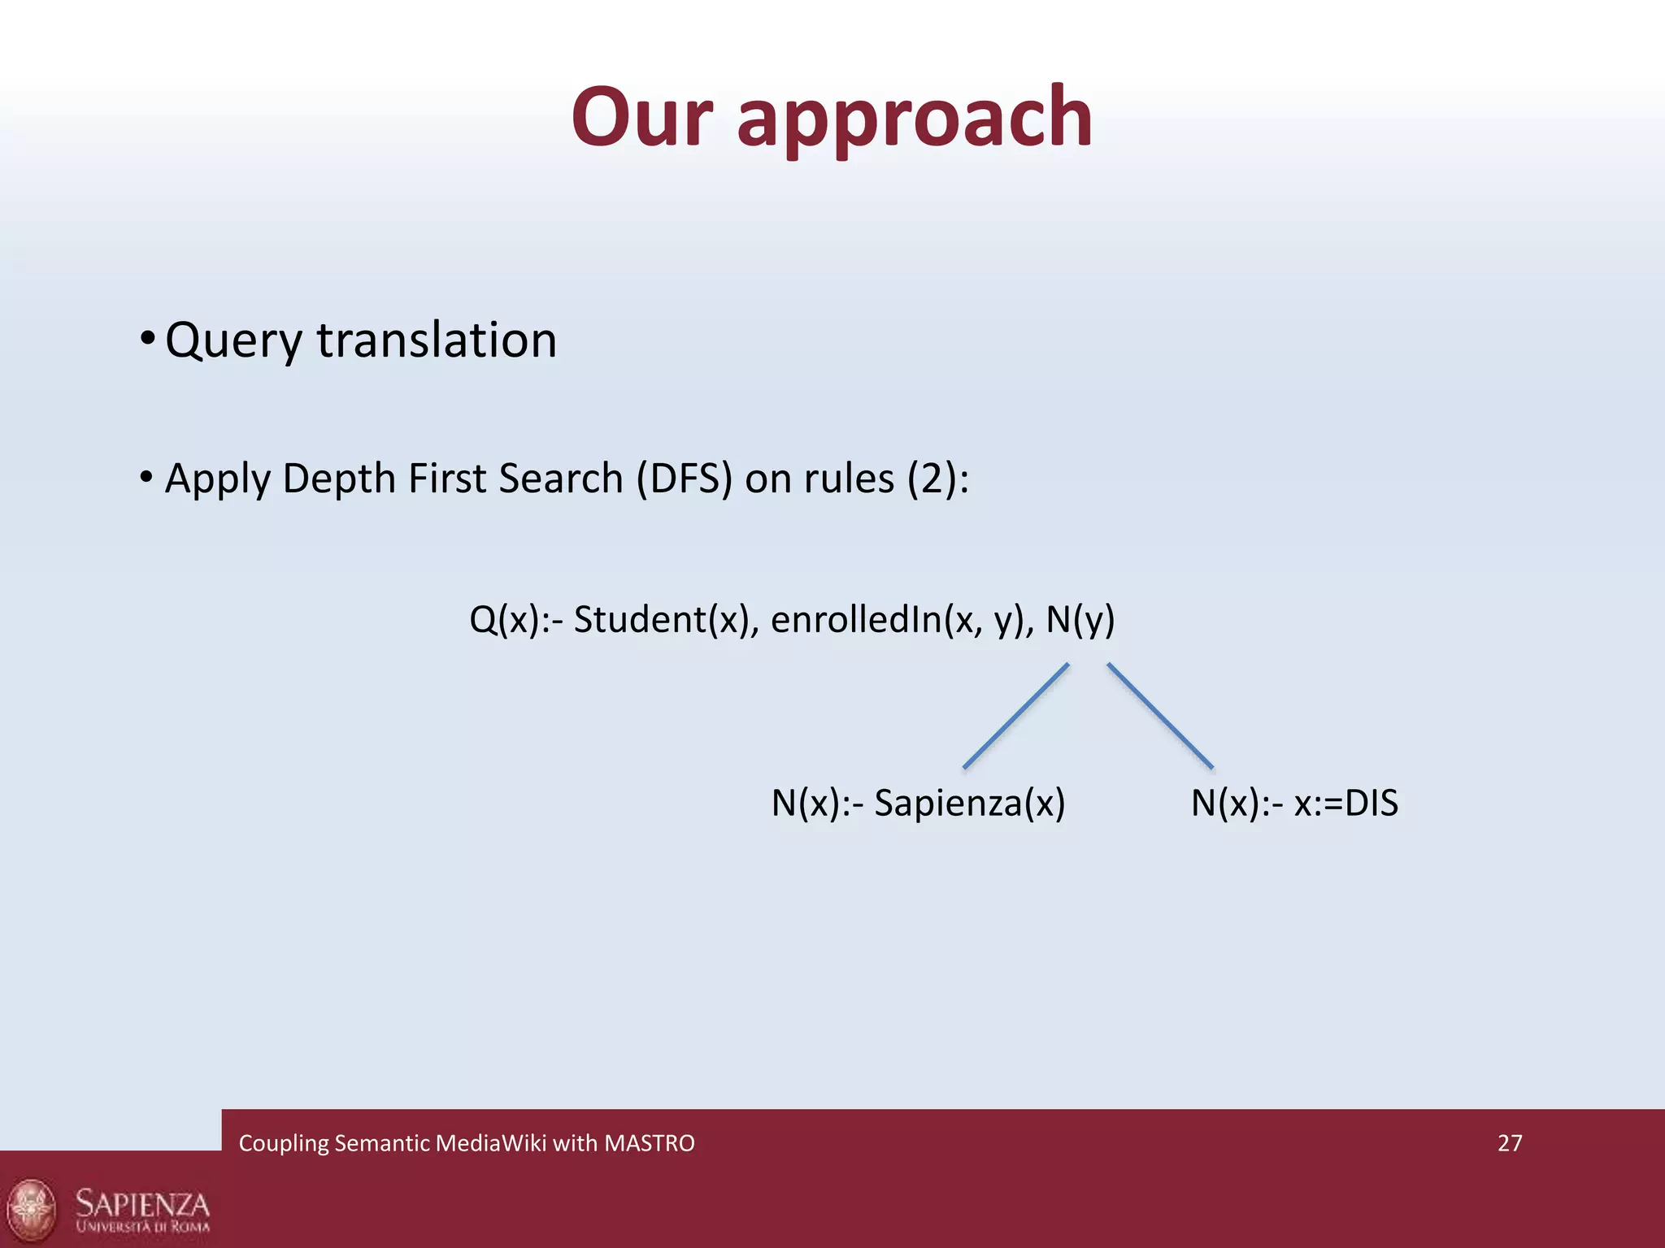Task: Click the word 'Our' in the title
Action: click(642, 118)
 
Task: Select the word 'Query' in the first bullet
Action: click(233, 341)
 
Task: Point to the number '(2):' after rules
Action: click(937, 478)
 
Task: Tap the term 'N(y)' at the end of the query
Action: click(1080, 620)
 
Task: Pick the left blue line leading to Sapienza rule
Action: click(1015, 716)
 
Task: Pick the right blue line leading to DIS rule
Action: click(1160, 716)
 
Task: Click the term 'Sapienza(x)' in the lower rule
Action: click(969, 804)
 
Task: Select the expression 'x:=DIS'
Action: click(1345, 804)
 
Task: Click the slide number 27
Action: click(1509, 1143)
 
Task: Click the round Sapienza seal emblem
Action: click(33, 1210)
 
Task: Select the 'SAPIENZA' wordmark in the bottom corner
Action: click(143, 1202)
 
